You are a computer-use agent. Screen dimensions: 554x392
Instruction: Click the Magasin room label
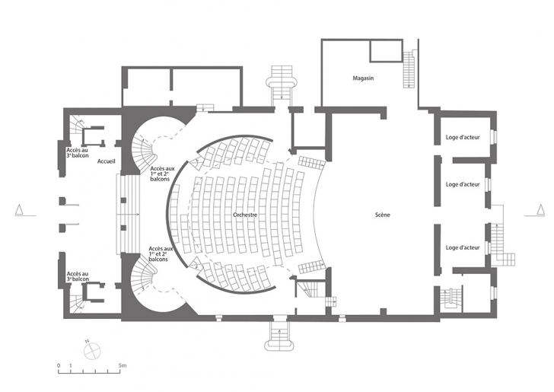coord(363,78)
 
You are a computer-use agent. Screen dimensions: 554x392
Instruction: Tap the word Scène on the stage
coord(382,215)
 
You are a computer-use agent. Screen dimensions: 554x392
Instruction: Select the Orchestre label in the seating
coord(245,215)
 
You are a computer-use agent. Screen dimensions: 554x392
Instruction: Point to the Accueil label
coord(107,161)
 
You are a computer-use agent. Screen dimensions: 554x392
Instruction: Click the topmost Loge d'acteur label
coord(463,137)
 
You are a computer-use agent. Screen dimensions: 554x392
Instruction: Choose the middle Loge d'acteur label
coord(463,184)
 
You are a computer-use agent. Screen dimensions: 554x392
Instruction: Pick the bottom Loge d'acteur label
coord(463,247)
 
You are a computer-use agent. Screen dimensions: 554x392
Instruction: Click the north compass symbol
coord(92,351)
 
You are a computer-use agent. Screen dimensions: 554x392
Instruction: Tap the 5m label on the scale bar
coord(123,365)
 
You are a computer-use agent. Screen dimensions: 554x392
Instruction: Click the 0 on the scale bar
coord(59,365)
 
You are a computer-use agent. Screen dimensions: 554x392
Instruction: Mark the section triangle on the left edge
coord(20,210)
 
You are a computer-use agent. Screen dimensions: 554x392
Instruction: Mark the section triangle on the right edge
coord(540,210)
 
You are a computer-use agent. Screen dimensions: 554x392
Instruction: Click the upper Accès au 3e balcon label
coord(78,153)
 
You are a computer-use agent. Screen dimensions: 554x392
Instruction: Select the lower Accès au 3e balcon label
coord(78,276)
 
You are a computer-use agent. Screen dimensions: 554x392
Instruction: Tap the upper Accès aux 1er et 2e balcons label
coord(161,174)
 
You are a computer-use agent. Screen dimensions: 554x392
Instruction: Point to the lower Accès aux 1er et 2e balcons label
coord(161,253)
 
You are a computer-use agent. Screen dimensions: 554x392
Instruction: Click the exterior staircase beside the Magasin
coord(409,69)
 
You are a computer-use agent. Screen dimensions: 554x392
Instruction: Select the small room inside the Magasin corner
coord(386,51)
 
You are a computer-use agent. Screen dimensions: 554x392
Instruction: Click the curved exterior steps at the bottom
coord(280,336)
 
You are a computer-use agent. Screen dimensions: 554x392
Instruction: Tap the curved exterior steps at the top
coord(281,84)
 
